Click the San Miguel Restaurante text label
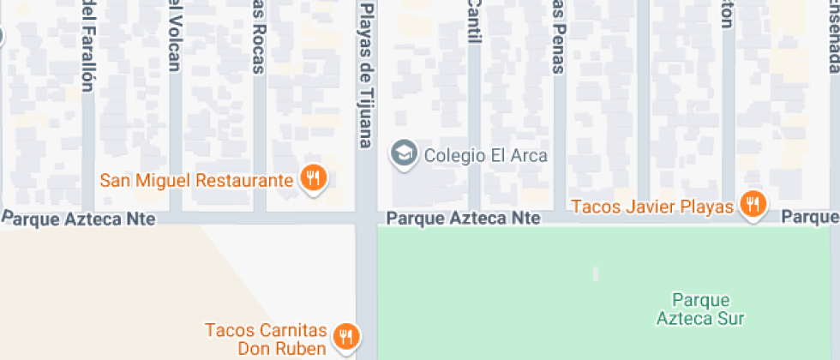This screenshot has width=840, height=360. point(197,181)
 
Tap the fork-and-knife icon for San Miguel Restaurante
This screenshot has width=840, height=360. point(314,178)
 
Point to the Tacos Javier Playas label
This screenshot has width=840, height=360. point(652,207)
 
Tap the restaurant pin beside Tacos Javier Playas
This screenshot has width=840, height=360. point(753,205)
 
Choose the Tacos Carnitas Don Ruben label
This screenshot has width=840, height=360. point(267,339)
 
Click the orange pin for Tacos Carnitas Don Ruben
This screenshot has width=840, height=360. point(346,335)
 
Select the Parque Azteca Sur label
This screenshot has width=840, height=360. point(700,309)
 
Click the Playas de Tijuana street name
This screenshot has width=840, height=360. point(366,74)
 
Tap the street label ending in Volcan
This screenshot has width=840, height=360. point(174,34)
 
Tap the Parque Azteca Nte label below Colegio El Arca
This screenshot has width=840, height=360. point(464,219)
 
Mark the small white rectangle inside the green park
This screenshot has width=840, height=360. point(596,274)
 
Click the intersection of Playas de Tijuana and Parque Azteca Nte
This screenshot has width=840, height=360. point(367,219)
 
